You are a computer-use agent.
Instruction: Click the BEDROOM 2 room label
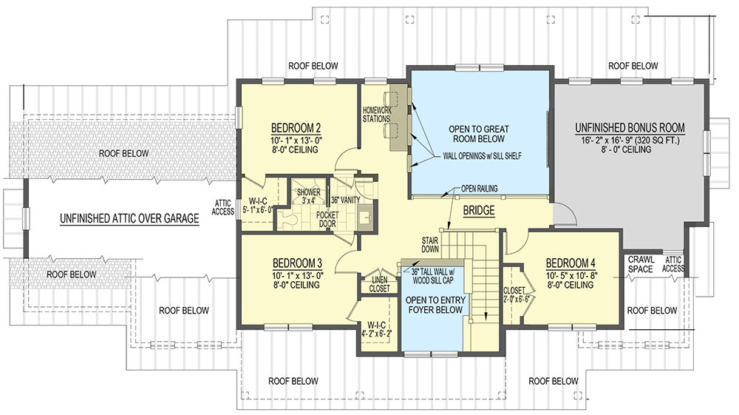[295, 126]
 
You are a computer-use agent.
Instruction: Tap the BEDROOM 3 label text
[296, 263]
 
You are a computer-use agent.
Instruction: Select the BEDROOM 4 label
[571, 263]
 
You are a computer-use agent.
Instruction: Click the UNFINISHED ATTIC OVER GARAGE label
[130, 218]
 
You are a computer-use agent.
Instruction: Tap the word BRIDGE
[478, 212]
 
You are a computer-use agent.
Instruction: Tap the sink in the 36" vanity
[364, 218]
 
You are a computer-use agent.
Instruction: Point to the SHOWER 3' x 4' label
[308, 195]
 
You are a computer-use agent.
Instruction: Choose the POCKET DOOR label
[327, 218]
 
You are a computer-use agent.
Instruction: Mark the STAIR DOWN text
[431, 245]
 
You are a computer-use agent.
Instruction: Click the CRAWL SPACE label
[641, 264]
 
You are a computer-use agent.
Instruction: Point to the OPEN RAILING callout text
[479, 189]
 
